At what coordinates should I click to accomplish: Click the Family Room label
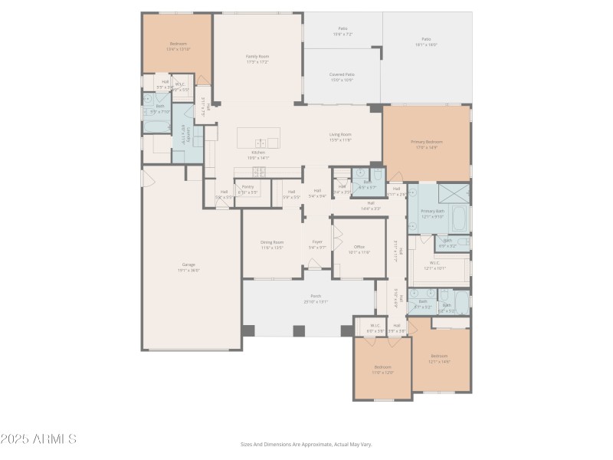click(257, 56)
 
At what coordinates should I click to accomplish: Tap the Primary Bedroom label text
click(426, 142)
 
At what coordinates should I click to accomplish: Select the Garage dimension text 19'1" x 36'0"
click(188, 270)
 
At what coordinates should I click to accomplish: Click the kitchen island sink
click(261, 142)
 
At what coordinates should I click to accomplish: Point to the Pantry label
click(247, 186)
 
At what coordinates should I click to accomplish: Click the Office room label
click(359, 246)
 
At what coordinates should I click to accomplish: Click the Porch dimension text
click(316, 301)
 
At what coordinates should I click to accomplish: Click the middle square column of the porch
click(299, 331)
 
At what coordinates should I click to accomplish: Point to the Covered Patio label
click(342, 75)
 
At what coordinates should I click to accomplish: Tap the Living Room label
click(340, 134)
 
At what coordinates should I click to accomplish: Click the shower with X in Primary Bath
click(458, 192)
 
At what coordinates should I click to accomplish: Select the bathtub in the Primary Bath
click(460, 219)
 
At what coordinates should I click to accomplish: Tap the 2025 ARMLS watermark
click(38, 439)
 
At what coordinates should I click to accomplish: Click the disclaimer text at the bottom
click(306, 444)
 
